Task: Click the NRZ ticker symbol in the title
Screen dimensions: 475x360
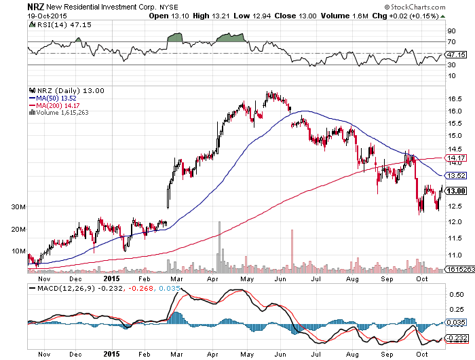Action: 36,6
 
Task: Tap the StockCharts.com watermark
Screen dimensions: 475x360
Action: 415,7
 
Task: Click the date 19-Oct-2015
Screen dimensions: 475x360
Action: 47,16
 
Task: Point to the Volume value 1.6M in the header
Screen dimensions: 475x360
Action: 360,16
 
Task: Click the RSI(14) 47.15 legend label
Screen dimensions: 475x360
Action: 60,25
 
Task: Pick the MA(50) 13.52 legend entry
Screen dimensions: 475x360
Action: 52,98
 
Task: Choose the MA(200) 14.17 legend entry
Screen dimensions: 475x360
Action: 54,105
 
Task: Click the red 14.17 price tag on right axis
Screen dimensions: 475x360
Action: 456,158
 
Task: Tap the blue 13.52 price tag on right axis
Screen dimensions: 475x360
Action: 456,176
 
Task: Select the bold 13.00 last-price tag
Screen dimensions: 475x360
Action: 456,191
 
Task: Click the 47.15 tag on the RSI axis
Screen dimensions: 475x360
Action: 456,54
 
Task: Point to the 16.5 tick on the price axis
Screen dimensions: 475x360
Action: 455,99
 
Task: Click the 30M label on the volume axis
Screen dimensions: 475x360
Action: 18,207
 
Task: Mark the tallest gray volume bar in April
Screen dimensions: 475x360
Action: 219,247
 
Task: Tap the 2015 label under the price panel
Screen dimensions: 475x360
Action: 111,278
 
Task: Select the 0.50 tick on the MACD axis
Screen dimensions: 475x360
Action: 456,295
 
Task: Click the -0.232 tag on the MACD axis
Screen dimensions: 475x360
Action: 456,338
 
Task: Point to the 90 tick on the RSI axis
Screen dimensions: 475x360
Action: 451,31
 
